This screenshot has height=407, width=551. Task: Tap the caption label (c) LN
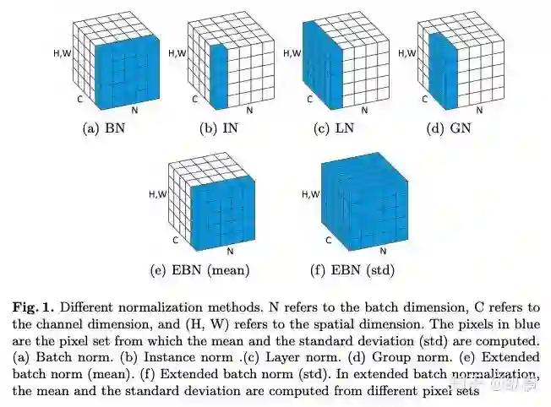click(x=327, y=128)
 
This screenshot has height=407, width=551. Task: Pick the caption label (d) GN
click(x=442, y=128)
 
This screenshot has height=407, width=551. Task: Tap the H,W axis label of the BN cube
click(x=63, y=53)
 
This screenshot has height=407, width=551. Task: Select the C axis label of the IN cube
click(x=195, y=99)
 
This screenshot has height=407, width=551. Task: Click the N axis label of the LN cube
click(x=365, y=110)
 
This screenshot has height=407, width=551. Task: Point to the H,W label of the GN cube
click(x=406, y=53)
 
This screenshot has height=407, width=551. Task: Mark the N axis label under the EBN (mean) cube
click(x=231, y=252)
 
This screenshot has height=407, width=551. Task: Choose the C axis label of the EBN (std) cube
click(x=309, y=240)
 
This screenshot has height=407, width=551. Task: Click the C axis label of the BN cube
click(x=80, y=99)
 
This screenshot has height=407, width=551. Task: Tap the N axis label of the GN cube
click(x=480, y=110)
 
